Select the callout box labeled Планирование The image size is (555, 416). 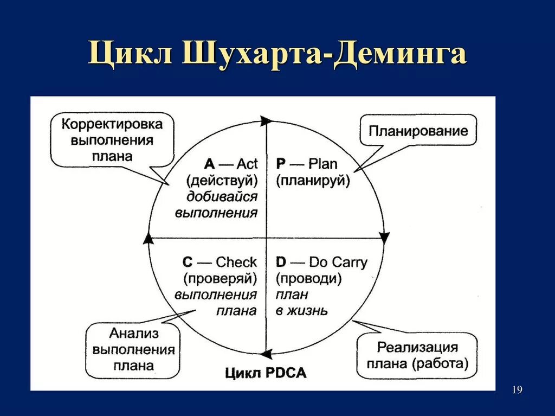click(x=418, y=131)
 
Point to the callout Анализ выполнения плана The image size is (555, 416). click(x=133, y=349)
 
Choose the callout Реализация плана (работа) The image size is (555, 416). click(x=417, y=355)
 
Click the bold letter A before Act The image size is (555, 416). click(x=209, y=164)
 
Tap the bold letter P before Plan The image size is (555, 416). click(x=281, y=164)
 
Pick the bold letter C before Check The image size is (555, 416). click(x=188, y=263)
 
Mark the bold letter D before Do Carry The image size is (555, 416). click(x=281, y=263)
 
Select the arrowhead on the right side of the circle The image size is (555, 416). click(x=384, y=238)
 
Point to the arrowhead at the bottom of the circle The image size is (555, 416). click(x=266, y=355)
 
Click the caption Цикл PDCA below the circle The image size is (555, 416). click(x=266, y=373)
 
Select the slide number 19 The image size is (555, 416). click(x=517, y=390)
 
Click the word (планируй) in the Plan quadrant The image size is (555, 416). click(x=313, y=181)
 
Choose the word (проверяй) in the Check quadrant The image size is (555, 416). click(x=220, y=279)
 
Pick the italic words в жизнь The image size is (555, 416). click(x=301, y=311)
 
